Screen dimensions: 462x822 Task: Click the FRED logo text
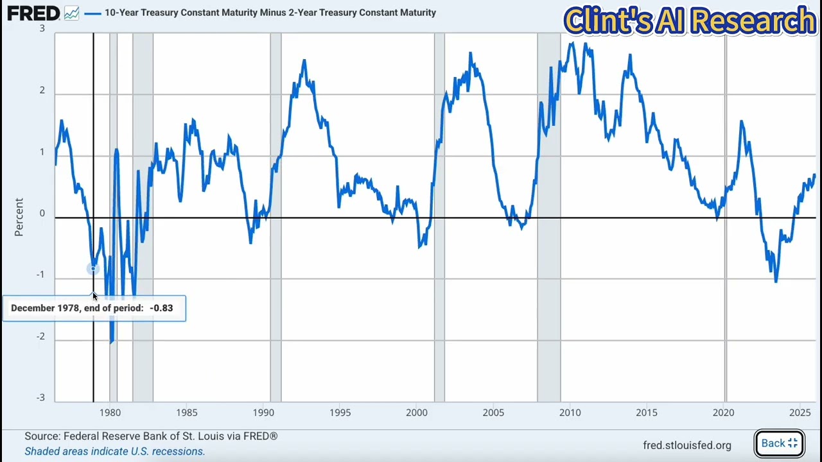33,13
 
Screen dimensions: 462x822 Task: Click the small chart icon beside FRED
71,13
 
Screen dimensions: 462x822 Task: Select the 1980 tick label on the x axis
110,412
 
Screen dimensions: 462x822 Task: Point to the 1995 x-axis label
340,412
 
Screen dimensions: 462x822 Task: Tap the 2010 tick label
570,412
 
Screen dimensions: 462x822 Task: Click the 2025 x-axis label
800,412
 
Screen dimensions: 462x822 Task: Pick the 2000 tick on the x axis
417,412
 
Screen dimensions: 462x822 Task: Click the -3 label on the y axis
40,398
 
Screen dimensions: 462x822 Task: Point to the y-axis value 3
42,29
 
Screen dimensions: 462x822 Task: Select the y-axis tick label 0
42,214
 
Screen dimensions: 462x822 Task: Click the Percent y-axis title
19,217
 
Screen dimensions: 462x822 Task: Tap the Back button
779,443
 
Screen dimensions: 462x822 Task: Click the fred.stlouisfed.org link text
686,445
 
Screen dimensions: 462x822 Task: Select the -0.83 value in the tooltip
161,308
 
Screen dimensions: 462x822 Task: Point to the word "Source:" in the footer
42,436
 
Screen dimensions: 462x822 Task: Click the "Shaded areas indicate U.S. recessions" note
114,451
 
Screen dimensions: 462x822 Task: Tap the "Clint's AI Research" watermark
689,21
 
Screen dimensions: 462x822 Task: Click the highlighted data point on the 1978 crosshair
94,269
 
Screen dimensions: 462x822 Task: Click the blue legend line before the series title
93,13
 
